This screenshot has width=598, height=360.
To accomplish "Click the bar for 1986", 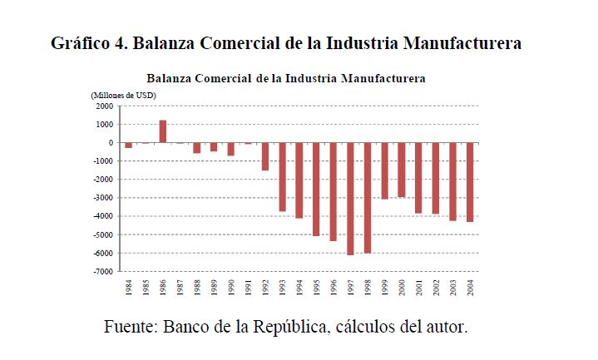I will (163, 131).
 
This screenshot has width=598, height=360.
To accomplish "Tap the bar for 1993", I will (282, 177).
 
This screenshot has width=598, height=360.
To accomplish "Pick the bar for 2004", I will (470, 182).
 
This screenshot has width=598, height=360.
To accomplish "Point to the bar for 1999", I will (384, 170).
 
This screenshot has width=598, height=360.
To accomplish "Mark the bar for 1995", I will (316, 189).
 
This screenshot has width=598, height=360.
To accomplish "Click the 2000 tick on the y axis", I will (104, 106).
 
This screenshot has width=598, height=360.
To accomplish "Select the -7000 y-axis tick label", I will (102, 272).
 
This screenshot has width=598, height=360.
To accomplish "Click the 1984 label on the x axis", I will (129, 286).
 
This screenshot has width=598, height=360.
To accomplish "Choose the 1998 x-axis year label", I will (368, 286).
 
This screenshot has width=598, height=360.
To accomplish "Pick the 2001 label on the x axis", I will (419, 286).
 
